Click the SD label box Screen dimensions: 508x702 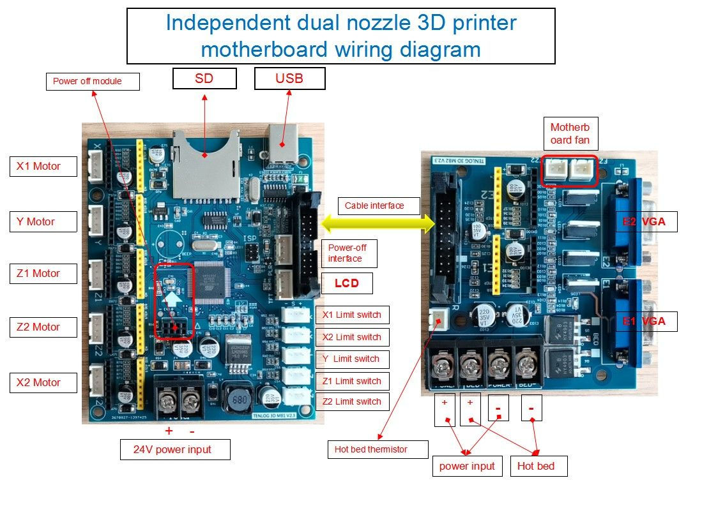(204, 78)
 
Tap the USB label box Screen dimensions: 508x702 (289, 78)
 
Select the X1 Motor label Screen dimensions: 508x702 (43, 167)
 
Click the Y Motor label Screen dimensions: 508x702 (43, 222)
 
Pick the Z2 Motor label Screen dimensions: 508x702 (43, 327)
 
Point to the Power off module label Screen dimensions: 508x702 (87, 81)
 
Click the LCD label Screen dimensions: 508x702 (347, 283)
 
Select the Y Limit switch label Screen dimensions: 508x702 (352, 359)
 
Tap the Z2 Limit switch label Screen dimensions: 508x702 (352, 401)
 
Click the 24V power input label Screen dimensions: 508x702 (175, 449)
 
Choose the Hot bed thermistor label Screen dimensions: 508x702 (370, 449)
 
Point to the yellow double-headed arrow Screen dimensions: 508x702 (378, 223)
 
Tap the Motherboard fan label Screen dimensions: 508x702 (570, 133)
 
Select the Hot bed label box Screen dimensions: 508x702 (536, 466)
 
